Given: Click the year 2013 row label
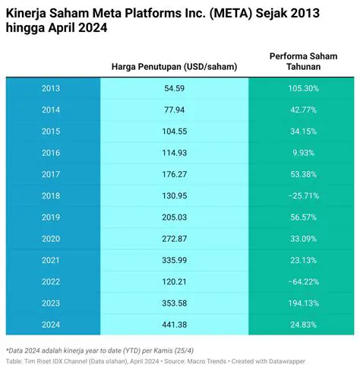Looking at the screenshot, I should tap(51, 88).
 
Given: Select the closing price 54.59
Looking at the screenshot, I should tap(174, 88).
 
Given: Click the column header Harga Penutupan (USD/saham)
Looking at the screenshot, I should tap(174, 67).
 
